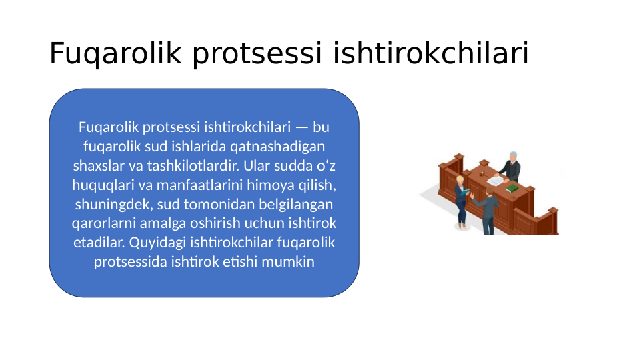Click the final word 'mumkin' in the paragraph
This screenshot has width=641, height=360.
coord(288,261)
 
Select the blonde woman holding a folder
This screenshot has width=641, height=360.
coord(461,202)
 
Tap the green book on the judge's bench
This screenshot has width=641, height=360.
coord(512,189)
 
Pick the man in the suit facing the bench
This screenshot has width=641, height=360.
coord(488,210)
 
